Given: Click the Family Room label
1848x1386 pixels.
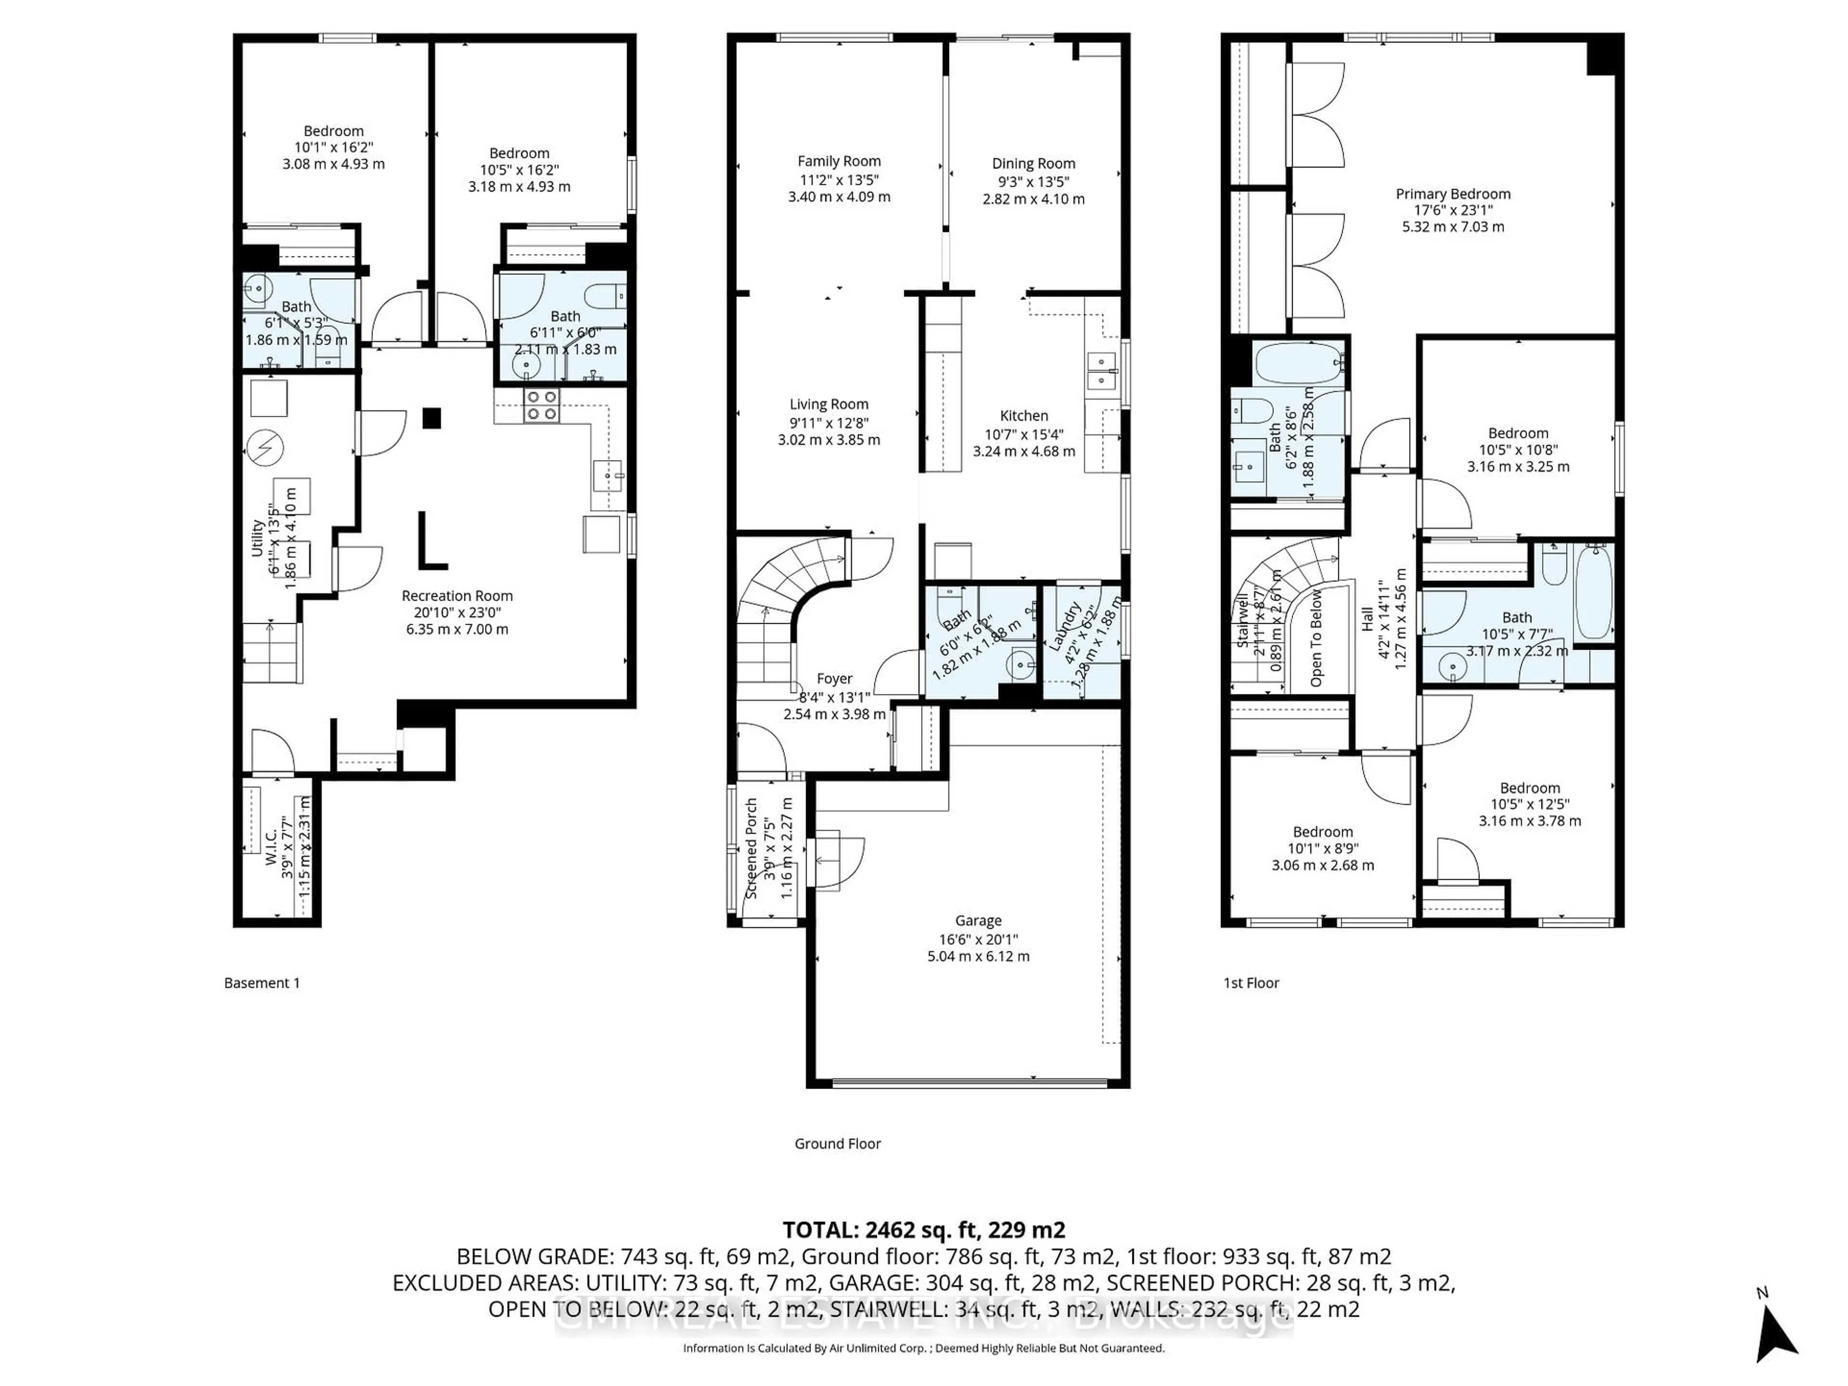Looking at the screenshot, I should [839, 161].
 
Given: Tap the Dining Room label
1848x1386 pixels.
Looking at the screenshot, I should [1033, 164].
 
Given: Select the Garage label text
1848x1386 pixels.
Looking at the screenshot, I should [978, 921].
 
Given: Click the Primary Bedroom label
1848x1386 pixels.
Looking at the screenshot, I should [1453, 194].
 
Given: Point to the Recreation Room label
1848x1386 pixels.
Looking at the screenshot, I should [457, 596].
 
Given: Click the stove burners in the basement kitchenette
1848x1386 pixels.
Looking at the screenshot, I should [540, 405].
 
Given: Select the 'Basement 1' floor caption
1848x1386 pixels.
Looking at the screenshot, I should [261, 983].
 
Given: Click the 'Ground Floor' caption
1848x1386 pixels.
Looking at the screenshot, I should [837, 1144].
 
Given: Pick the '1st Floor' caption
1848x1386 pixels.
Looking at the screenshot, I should [1251, 983].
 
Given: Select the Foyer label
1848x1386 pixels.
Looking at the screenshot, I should [834, 679].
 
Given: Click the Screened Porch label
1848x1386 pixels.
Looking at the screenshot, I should [751, 848].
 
